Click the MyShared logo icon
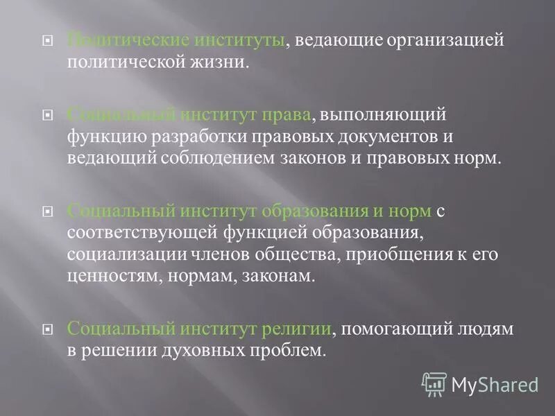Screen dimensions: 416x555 (434, 383)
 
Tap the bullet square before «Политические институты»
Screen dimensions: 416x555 (47, 41)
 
